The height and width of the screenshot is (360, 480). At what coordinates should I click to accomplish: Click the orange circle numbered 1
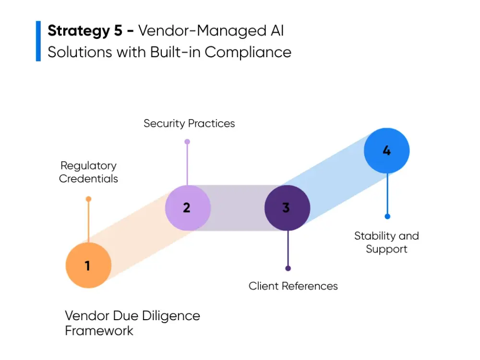[x=88, y=265]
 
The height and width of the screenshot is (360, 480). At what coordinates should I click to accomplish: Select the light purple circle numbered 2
[x=188, y=207]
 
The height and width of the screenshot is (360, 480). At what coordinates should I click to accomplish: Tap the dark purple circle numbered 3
[x=287, y=208]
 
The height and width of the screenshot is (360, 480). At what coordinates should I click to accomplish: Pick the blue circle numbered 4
[x=386, y=151]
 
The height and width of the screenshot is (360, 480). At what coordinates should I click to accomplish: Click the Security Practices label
[x=189, y=123]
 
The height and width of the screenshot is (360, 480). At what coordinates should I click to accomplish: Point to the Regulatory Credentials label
[x=88, y=172]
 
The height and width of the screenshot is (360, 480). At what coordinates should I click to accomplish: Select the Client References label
[x=293, y=286]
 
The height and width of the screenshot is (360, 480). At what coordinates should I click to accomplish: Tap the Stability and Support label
[x=386, y=242]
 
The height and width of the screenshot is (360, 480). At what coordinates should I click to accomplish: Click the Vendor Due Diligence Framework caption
[x=132, y=323]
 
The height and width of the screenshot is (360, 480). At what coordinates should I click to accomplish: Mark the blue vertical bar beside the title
[x=38, y=41]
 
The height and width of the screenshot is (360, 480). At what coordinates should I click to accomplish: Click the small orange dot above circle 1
[x=88, y=199]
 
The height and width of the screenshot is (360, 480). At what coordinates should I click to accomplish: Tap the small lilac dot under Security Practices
[x=187, y=142]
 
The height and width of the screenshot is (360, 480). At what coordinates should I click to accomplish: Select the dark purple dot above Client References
[x=288, y=268]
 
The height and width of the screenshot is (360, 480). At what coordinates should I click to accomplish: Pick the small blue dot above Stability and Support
[x=387, y=216]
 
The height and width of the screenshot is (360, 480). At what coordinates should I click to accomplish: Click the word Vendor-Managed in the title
[x=199, y=31]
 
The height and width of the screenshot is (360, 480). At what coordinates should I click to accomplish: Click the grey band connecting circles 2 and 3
[x=238, y=208]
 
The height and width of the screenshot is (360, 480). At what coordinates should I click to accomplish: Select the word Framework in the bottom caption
[x=99, y=330]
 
